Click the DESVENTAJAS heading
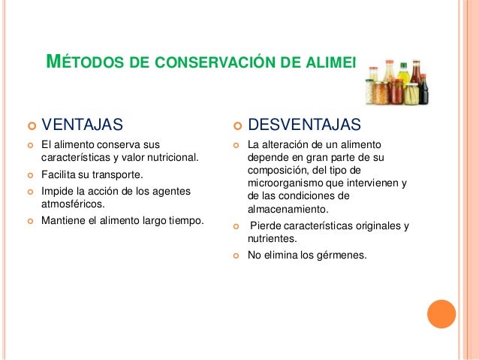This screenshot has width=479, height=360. click(x=305, y=123)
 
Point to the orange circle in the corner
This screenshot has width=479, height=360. click(x=441, y=314)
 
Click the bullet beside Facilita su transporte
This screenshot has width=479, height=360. click(x=31, y=174)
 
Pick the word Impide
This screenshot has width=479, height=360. click(x=56, y=191)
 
